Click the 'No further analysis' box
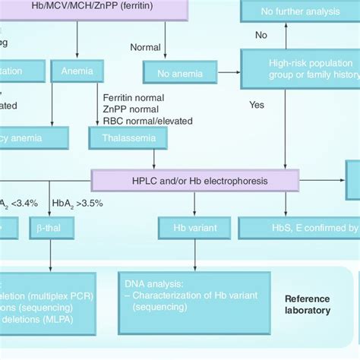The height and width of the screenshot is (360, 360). click(300, 11)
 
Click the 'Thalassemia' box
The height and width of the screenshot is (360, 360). click(123, 138)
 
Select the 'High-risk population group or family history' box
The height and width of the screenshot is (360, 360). click(300, 70)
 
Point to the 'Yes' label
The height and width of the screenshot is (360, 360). click(256, 105)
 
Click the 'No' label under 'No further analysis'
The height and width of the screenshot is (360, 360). click(261, 34)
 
